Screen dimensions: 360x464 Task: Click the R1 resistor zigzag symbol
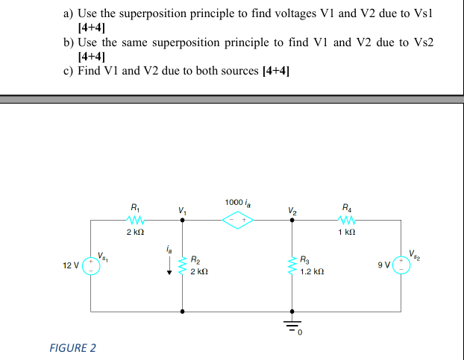[135, 220]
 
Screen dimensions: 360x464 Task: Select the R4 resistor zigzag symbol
[345, 220]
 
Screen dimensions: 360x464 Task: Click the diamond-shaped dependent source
[236, 220]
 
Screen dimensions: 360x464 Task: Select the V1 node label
[181, 211]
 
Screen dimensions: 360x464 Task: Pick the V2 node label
[292, 211]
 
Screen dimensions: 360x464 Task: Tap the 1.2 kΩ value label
[313, 273]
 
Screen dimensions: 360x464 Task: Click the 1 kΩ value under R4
[345, 233]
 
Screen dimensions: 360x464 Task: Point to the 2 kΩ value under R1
[135, 233]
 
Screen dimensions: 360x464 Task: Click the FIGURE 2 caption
[72, 347]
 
